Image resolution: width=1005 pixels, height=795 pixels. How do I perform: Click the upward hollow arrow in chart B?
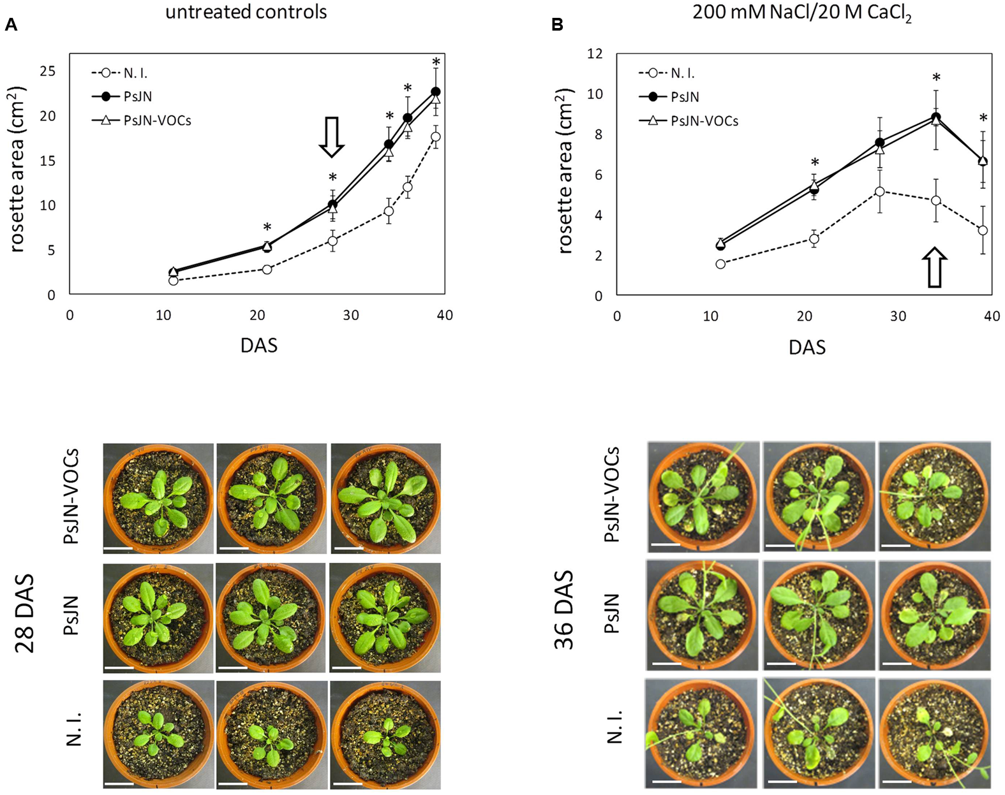(x=935, y=267)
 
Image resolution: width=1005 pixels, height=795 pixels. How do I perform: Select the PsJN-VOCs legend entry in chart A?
(x=157, y=120)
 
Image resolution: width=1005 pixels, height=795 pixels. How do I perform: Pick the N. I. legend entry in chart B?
(x=682, y=73)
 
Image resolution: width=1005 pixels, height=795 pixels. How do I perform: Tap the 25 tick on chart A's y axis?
(x=48, y=71)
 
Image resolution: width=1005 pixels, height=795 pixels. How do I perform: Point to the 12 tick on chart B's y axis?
(x=594, y=54)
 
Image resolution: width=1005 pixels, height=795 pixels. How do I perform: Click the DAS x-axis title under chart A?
(x=259, y=346)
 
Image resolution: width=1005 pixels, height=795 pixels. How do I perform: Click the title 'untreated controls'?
(x=246, y=11)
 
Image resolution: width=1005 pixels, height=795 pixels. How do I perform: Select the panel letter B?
(x=557, y=26)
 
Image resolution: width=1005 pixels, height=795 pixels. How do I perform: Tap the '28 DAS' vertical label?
(x=25, y=613)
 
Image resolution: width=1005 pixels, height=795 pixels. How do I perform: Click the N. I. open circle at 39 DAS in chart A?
(x=436, y=137)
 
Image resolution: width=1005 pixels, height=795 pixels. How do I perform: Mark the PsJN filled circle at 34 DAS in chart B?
(x=936, y=117)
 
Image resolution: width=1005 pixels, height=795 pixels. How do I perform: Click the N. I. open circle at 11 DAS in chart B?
(x=720, y=264)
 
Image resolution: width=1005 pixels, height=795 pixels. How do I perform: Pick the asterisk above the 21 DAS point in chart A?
(x=267, y=228)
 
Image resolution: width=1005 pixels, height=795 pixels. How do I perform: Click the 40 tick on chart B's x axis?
(x=992, y=316)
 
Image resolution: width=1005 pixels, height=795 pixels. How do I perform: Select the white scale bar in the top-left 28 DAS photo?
(x=118, y=548)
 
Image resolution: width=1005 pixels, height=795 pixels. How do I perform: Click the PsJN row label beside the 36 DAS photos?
(x=611, y=613)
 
